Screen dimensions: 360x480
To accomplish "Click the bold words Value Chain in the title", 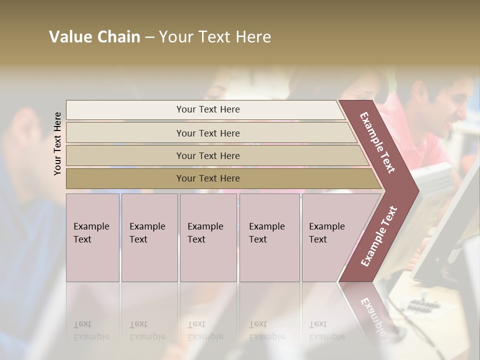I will (x=94, y=37).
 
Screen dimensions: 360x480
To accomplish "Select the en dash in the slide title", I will (x=149, y=37).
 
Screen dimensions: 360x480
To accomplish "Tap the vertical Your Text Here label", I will (x=57, y=143).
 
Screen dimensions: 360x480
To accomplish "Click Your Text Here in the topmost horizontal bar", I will (x=208, y=109).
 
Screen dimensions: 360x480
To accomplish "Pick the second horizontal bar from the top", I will (x=208, y=133).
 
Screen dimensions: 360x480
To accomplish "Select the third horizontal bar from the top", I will (x=208, y=155).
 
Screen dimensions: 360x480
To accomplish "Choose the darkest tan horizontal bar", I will (x=208, y=178).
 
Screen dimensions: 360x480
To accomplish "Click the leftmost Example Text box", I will (x=92, y=237).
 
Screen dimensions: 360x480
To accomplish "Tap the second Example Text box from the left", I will (x=149, y=237).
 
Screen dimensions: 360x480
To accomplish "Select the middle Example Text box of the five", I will (x=208, y=237).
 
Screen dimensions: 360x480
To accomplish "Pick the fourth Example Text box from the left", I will (x=269, y=237).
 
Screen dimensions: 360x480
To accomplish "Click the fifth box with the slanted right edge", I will (x=330, y=237).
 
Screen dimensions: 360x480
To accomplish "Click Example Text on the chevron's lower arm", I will (x=379, y=236).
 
